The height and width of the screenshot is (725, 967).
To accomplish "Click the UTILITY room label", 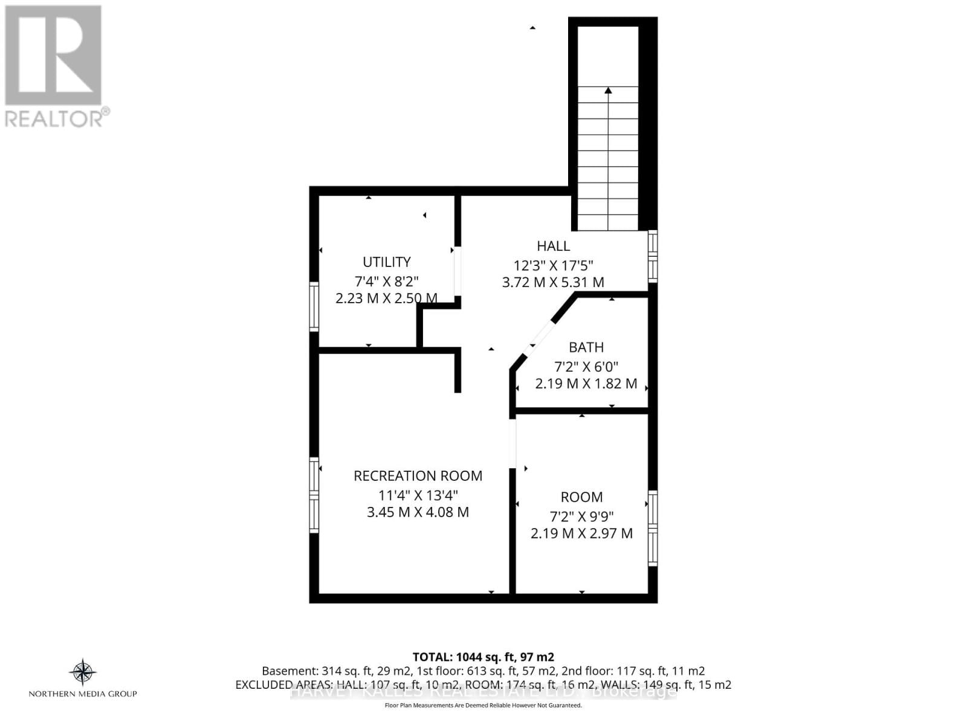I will click(x=386, y=262).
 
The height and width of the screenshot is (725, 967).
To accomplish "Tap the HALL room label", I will click(x=553, y=246).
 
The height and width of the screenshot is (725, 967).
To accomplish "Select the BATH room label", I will click(x=586, y=347).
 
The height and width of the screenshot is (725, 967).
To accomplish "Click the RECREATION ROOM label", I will click(x=418, y=476).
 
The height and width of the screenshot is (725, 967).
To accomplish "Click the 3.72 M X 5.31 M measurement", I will click(x=553, y=282).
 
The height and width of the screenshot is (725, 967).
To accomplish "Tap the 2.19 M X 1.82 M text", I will click(x=586, y=384).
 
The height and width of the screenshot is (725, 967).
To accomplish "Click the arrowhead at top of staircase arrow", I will click(x=608, y=91).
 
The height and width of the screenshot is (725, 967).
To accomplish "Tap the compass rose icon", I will click(x=83, y=671).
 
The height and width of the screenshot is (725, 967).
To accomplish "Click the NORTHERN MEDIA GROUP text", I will click(x=83, y=694).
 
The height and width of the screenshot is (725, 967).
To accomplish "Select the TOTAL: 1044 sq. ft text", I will click(x=483, y=657).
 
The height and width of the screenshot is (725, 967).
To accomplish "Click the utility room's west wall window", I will click(x=314, y=306).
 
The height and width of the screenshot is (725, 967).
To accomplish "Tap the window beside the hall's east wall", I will click(x=653, y=256).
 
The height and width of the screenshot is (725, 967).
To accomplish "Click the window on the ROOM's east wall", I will click(x=653, y=528).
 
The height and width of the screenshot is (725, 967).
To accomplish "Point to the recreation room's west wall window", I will click(x=314, y=495).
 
